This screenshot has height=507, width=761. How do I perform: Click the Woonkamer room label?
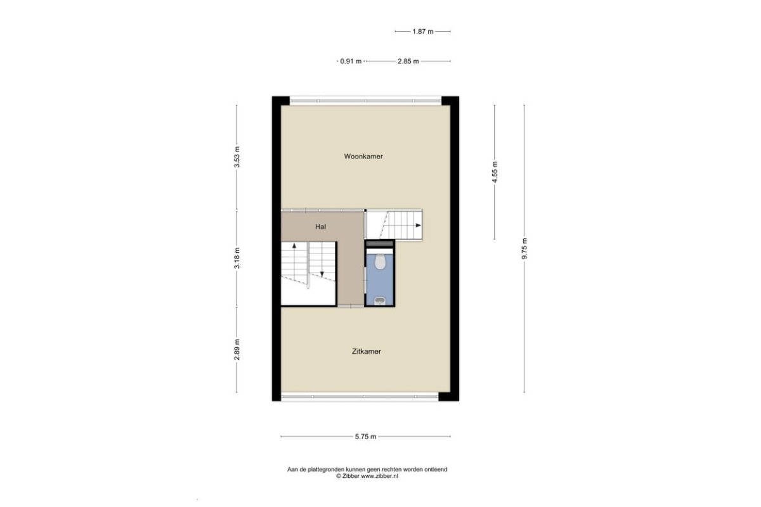(x=363, y=157)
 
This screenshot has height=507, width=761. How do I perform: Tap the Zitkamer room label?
(x=367, y=352)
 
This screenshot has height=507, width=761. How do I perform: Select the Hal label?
(x=320, y=227)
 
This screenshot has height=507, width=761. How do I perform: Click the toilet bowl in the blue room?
(x=380, y=262)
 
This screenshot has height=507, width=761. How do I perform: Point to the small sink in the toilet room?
(x=380, y=301)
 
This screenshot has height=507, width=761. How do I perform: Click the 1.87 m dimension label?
(x=423, y=32)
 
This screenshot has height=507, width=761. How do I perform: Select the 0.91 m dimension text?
(x=351, y=61)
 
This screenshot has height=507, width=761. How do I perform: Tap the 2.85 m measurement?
(x=408, y=61)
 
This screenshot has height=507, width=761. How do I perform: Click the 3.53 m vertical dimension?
(x=237, y=157)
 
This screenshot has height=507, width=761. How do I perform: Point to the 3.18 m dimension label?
(x=237, y=258)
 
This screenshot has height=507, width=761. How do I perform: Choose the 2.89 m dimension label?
(x=237, y=349)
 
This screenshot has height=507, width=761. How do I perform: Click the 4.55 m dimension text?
(x=495, y=172)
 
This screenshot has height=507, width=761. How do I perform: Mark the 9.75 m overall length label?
(x=524, y=249)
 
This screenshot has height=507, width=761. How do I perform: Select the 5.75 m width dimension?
(x=365, y=437)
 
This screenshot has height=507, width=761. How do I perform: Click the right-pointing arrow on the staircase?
(x=418, y=225)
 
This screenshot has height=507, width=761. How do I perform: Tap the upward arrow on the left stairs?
(x=294, y=245)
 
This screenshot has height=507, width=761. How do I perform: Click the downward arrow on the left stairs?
(x=322, y=274)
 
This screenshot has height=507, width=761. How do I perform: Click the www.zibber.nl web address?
(x=379, y=476)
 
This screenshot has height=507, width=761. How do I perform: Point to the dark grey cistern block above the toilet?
(x=380, y=244)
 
